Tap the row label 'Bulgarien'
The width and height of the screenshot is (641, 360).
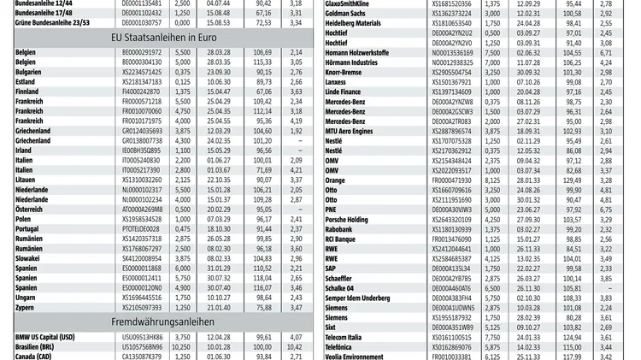click(31, 72)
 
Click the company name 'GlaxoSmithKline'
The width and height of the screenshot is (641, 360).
click(356, 4)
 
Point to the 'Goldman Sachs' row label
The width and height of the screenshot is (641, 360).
click(351, 14)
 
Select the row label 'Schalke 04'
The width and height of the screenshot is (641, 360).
click(344, 287)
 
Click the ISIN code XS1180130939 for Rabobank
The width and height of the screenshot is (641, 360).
click(452, 228)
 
